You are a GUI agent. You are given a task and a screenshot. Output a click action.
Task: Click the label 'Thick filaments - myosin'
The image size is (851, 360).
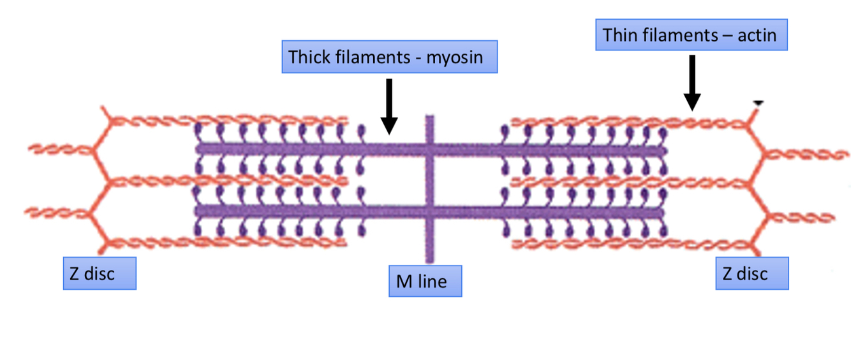pyautogui.click(x=389, y=57)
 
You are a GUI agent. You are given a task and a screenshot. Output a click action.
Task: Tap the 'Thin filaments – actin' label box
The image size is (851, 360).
pyautogui.click(x=691, y=35)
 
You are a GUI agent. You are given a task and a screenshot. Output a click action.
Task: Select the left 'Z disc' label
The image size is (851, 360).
pyautogui.click(x=100, y=274)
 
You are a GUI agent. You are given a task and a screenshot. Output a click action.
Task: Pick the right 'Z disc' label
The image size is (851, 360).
pyautogui.click(x=751, y=274)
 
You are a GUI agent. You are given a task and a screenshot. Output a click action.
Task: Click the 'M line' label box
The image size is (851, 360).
pyautogui.click(x=425, y=281)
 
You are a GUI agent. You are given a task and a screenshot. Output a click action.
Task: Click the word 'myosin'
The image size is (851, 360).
pyautogui.click(x=454, y=57)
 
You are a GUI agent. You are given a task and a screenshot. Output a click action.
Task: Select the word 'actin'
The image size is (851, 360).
pyautogui.click(x=757, y=35)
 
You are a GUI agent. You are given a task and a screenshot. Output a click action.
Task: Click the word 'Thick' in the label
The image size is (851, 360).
pyautogui.click(x=309, y=57)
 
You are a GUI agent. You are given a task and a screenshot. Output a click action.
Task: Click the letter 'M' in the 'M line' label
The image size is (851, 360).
pyautogui.click(x=404, y=281)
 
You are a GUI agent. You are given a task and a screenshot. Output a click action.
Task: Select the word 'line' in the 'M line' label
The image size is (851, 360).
pyautogui.click(x=434, y=281)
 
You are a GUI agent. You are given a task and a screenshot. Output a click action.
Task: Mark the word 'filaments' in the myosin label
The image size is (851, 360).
pyautogui.click(x=368, y=57)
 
